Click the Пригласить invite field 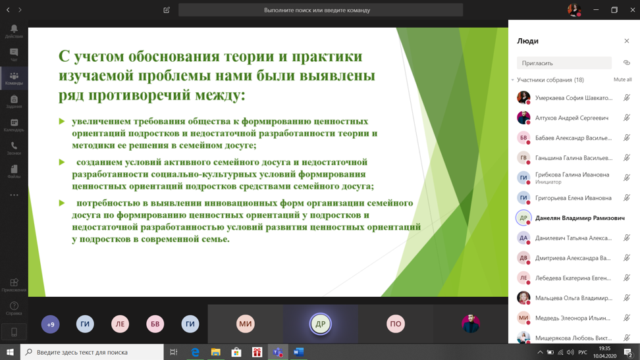pos(564,63)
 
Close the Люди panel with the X pos(626,41)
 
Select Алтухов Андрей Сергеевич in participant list pos(572,118)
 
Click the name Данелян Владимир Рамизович pos(579,218)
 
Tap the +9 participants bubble pos(51,324)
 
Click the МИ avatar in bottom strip pos(245,324)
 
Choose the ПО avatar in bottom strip pos(395,324)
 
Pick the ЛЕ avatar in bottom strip pos(120,324)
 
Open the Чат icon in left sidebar pos(14,55)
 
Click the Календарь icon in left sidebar pos(14,125)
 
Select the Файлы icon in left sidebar pos(14,172)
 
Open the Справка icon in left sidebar pos(14,308)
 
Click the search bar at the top pos(321,10)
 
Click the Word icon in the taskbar pos(298,352)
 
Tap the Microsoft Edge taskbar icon pos(195,352)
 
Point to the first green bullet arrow pos(62,122)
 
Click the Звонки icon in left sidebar pos(14,148)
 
